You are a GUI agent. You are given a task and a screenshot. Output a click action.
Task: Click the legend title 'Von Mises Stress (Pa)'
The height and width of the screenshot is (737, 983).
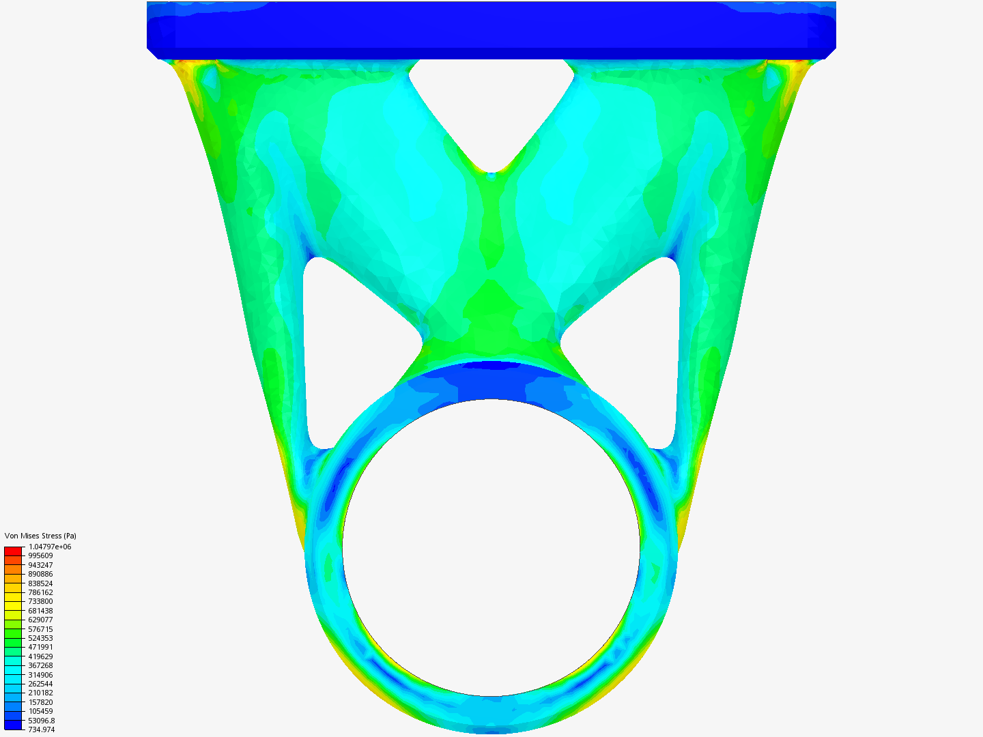pyautogui.click(x=40, y=536)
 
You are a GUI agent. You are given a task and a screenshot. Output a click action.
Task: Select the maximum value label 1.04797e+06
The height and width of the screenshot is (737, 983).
pyautogui.click(x=49, y=547)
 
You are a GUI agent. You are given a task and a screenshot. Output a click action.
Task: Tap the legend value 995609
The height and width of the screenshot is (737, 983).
pyautogui.click(x=40, y=555)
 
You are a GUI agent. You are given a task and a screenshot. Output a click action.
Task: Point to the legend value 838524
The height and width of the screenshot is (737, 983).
pyautogui.click(x=40, y=583)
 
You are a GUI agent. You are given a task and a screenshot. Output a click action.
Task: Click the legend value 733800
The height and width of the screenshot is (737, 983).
pyautogui.click(x=40, y=601)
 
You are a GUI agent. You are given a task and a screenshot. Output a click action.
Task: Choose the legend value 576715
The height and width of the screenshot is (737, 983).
pyautogui.click(x=40, y=629)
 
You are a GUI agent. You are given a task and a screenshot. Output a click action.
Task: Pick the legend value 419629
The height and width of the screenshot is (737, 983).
pyautogui.click(x=40, y=656)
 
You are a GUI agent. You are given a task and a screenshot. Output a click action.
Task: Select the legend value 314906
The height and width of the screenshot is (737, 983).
pyautogui.click(x=40, y=675)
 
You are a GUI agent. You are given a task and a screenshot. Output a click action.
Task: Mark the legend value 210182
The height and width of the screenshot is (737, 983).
pyautogui.click(x=40, y=693)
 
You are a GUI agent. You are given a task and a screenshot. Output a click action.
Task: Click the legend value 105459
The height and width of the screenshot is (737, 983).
pyautogui.click(x=40, y=711)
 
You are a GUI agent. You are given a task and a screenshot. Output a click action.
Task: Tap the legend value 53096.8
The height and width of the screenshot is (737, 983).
pyautogui.click(x=42, y=721)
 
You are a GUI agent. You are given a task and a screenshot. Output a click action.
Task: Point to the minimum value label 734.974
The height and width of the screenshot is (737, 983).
pyautogui.click(x=42, y=729)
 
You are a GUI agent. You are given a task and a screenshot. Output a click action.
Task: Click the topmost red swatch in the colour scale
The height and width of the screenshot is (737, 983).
pyautogui.click(x=13, y=551)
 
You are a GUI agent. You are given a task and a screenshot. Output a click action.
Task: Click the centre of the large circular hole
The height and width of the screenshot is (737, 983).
pyautogui.click(x=491, y=547)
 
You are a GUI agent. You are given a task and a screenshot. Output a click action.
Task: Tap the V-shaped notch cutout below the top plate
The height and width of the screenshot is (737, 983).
pyautogui.click(x=491, y=109)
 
